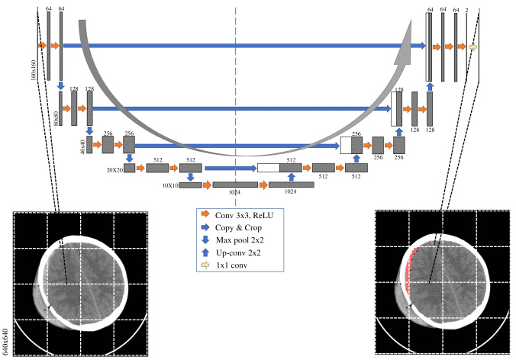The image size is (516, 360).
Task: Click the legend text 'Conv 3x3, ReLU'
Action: point(244,216)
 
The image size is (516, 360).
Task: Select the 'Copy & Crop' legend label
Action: point(241,228)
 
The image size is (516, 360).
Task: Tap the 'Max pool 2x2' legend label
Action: point(242,240)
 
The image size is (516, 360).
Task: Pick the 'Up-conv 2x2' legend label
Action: point(241,252)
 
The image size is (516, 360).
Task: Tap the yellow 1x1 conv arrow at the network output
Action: point(473,47)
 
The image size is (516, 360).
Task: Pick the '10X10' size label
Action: point(169,185)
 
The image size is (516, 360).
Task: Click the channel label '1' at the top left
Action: point(37,8)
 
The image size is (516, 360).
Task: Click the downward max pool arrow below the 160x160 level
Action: point(60,86)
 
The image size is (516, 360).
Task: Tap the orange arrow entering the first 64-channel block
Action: point(43,47)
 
